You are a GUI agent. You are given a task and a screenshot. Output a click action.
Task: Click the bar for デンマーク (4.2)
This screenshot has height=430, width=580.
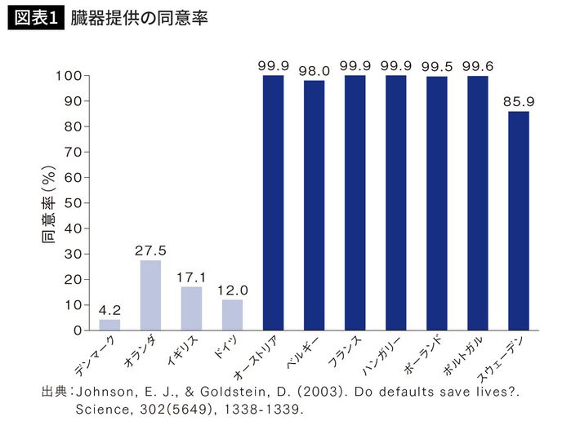click(x=109, y=325)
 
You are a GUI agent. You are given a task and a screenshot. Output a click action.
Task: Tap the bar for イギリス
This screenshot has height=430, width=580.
click(x=191, y=308)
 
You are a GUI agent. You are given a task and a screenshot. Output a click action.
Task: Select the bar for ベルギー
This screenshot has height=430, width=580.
click(x=314, y=205)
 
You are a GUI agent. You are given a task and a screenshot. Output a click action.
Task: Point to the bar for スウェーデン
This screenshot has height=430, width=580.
click(x=519, y=220)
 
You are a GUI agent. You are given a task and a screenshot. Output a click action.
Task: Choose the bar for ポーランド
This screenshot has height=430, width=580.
click(x=437, y=203)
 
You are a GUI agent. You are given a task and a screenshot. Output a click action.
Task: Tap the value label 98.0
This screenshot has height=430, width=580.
click(x=314, y=71)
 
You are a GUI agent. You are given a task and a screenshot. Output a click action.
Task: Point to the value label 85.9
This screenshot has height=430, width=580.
click(x=519, y=102)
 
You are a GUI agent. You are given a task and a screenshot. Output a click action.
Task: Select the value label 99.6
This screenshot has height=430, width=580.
click(x=478, y=66)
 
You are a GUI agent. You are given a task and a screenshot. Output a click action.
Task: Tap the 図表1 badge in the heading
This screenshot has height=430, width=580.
click(x=34, y=20)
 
